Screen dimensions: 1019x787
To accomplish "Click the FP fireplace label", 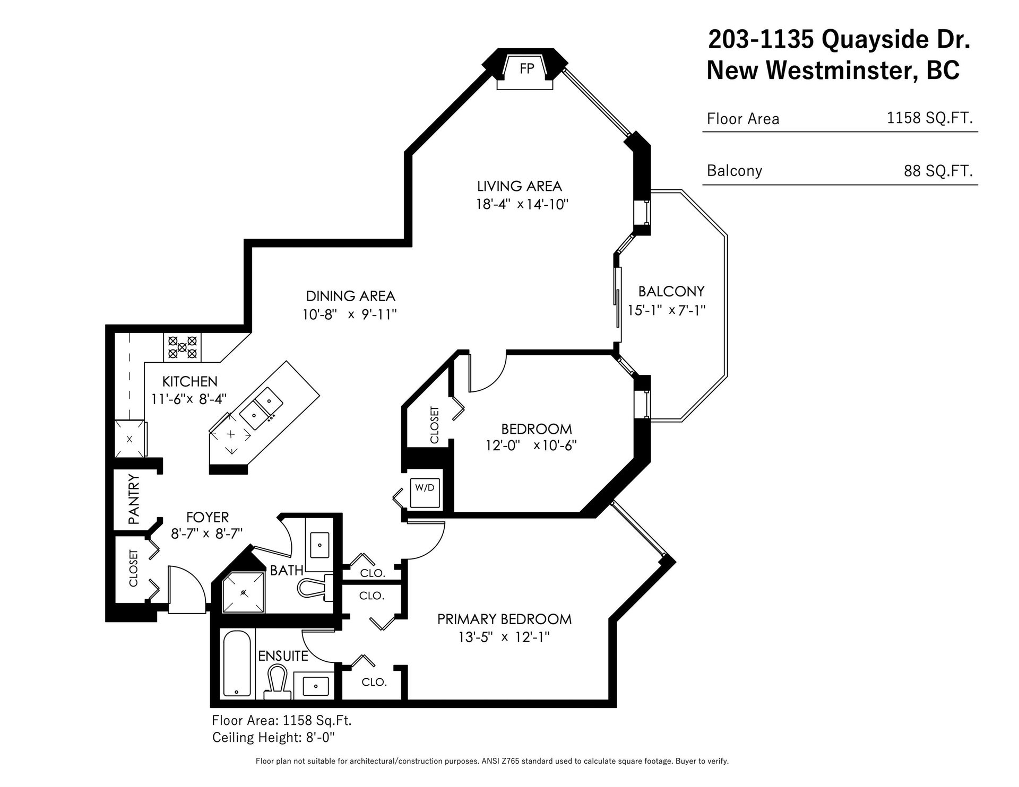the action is [x=526, y=69].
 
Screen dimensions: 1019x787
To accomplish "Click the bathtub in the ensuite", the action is [x=237, y=663].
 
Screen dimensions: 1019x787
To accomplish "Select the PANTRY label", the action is [x=134, y=500].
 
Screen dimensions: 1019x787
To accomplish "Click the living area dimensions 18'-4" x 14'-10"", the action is [x=522, y=205].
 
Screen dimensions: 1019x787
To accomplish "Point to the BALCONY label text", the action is [x=671, y=291].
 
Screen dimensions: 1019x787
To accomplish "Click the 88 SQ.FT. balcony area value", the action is [x=938, y=171].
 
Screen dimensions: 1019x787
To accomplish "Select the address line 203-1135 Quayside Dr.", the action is [x=840, y=40].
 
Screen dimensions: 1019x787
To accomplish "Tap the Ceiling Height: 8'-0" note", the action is [x=274, y=737].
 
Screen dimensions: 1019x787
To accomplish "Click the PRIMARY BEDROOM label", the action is [x=504, y=619].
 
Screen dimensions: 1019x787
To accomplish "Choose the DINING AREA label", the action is [x=351, y=296].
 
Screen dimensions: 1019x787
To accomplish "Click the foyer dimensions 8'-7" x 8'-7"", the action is [x=207, y=534].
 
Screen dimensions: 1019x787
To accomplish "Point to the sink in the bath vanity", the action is [x=319, y=544].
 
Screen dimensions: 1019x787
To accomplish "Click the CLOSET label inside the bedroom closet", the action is [x=435, y=425].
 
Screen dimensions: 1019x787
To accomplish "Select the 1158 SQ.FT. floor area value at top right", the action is [x=930, y=118].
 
